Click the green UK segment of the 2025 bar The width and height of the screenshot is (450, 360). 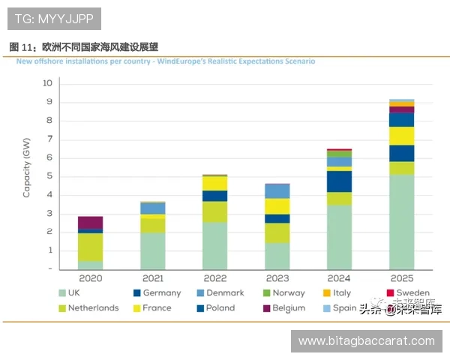[401, 221]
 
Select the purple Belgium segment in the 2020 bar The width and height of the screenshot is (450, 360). [90, 222]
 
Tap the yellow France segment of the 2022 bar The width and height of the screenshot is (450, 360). [215, 183]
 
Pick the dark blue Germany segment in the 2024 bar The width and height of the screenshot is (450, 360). [339, 181]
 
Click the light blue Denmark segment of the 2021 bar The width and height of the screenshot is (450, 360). [153, 208]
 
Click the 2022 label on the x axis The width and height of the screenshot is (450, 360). [215, 277]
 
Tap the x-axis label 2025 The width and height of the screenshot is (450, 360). [401, 277]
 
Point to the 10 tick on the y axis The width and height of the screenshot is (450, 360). [46, 83]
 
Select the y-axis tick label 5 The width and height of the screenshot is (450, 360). [49, 176]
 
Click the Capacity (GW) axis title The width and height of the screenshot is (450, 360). [27, 172]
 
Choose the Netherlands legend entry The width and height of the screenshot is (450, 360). [88, 307]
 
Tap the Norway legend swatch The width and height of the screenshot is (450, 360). [265, 292]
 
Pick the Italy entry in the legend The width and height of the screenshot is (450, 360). [335, 292]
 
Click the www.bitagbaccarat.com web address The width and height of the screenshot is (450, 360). [366, 340]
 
